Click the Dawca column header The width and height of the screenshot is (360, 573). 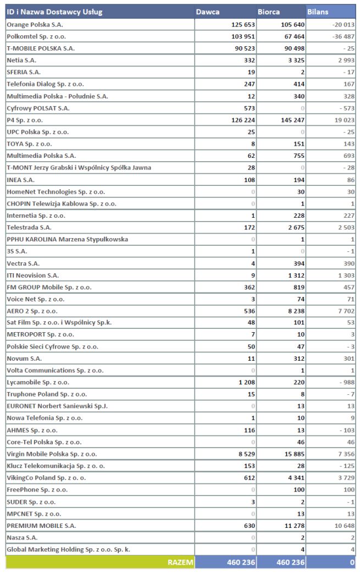pos(208,12)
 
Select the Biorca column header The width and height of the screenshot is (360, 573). pos(268,12)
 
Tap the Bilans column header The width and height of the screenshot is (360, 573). pos(318,12)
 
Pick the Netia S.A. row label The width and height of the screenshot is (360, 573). pos(21,60)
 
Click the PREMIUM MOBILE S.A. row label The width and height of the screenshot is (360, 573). pos(41,526)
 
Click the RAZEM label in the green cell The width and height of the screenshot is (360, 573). pos(180,562)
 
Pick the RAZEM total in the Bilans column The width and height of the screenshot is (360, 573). pos(352,562)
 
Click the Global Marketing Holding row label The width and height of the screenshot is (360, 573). pos(68,549)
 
